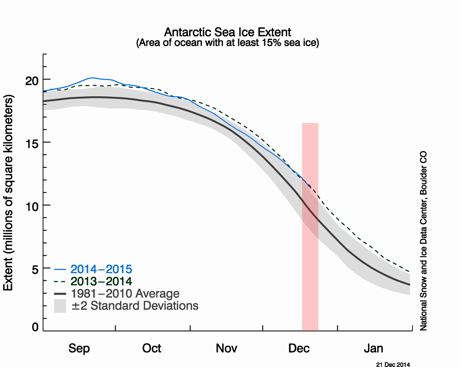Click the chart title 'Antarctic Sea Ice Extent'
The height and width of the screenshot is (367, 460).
click(227, 32)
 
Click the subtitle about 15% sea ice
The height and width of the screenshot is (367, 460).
click(227, 43)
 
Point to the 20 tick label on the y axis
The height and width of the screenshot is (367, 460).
click(32, 80)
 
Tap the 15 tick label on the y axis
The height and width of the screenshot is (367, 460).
click(32, 142)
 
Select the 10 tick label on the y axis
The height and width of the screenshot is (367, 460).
click(32, 205)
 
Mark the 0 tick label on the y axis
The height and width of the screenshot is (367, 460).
click(35, 327)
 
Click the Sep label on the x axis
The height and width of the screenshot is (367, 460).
click(79, 349)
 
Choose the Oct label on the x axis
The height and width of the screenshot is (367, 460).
click(152, 349)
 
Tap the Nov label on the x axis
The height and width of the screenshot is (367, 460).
click(226, 349)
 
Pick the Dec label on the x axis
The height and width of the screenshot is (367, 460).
click(299, 349)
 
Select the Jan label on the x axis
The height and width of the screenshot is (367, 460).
click(373, 349)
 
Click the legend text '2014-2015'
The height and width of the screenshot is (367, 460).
click(101, 269)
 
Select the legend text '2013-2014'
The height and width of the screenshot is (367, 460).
click(101, 281)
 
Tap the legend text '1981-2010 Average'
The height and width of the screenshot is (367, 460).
click(125, 294)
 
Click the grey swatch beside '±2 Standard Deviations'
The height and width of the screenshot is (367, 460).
click(60, 306)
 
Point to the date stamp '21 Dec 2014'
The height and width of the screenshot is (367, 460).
click(393, 364)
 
